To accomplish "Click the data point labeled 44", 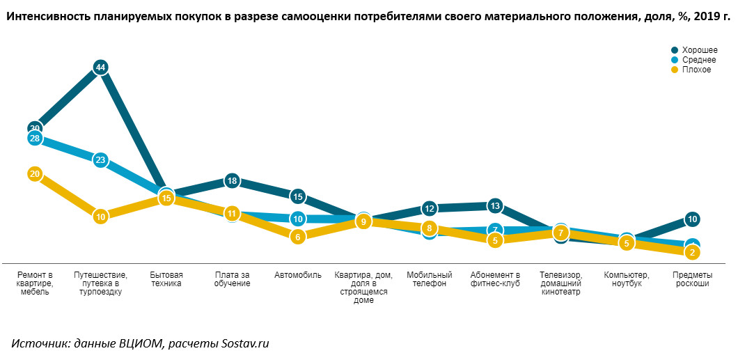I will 100,68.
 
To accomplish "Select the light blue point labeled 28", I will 35,138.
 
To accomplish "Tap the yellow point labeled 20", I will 35,174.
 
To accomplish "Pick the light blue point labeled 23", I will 100,160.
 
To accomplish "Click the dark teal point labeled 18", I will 232,181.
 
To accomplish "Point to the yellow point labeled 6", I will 298,237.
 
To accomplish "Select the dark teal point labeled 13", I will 495,206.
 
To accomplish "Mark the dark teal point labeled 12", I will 430,208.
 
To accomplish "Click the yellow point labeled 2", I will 692,253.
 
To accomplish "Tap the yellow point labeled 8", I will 430,228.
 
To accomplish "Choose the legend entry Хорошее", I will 699,50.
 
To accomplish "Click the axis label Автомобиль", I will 298,275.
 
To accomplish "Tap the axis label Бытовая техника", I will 166,279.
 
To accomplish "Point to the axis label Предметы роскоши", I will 692,279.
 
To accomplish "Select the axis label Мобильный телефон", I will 430,279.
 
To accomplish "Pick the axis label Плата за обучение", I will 232,279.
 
